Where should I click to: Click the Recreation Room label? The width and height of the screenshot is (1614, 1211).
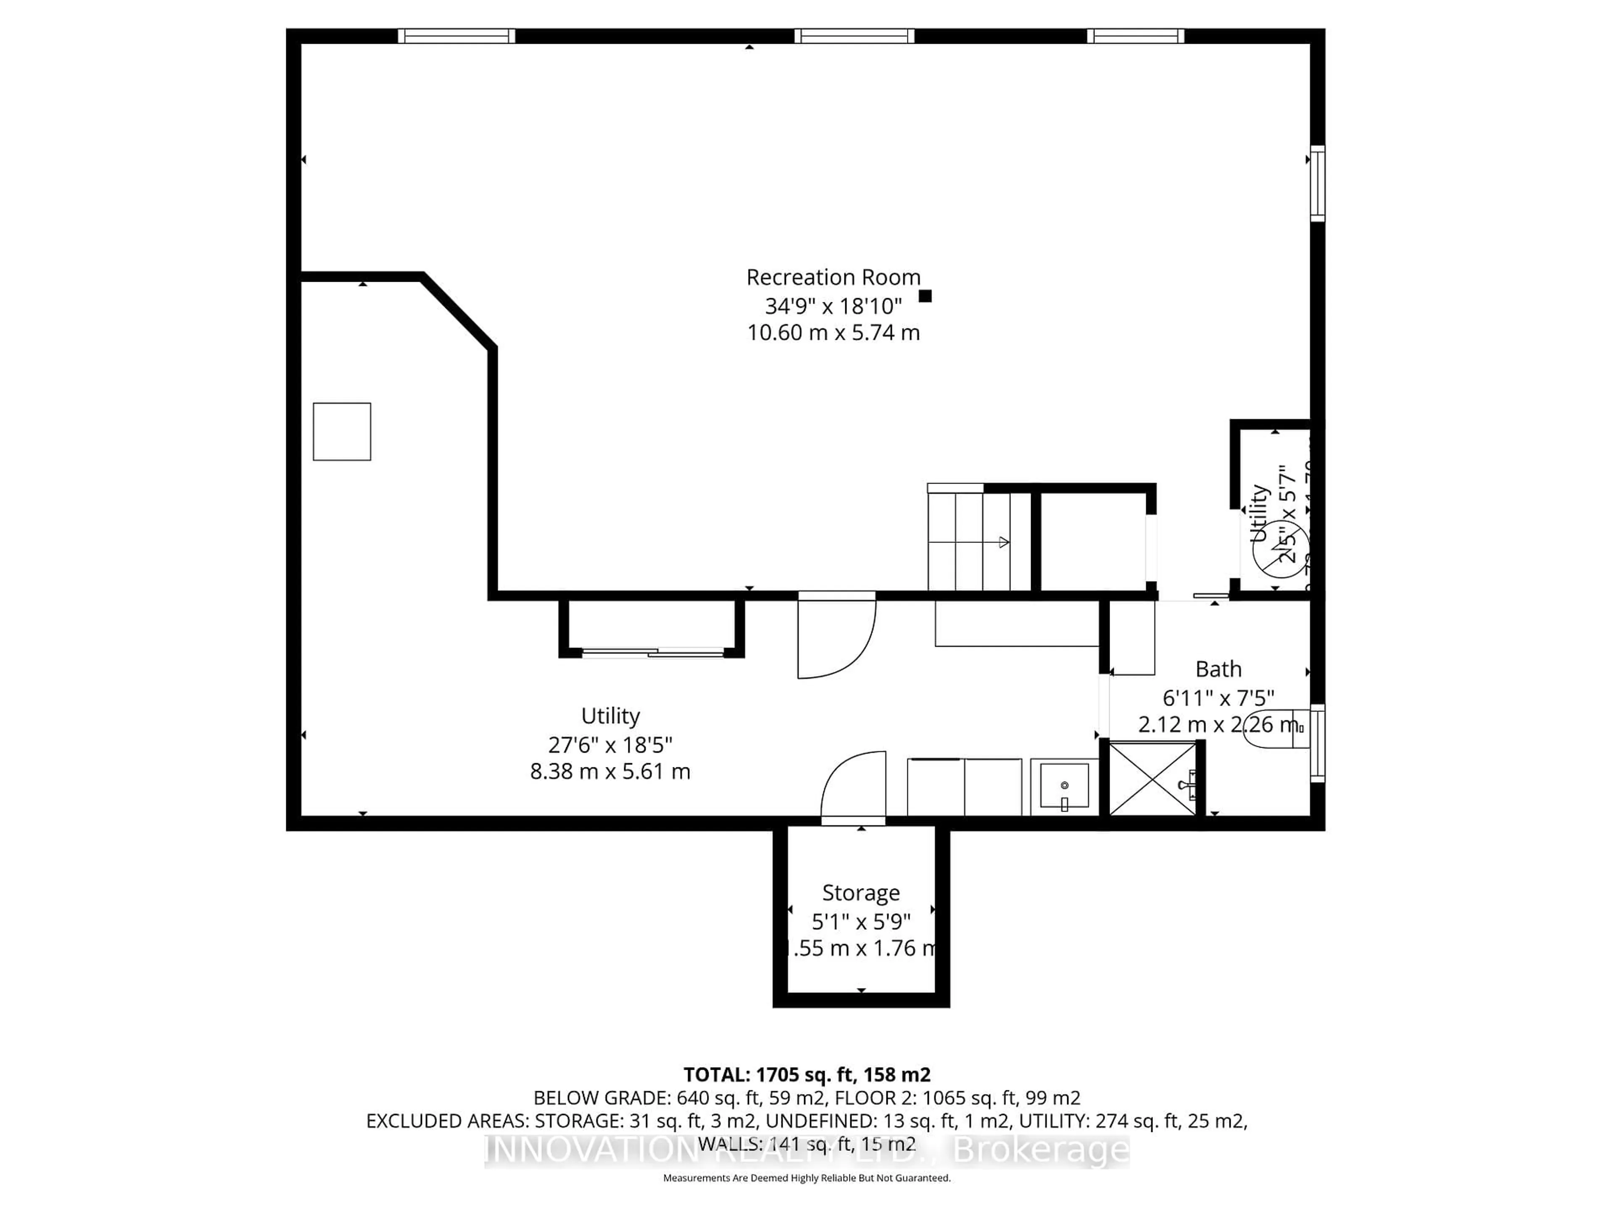833,278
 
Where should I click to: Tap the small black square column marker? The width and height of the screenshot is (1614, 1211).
925,296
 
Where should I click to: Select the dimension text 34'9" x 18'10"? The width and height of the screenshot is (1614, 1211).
833,305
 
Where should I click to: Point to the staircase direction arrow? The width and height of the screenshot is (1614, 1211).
1003,542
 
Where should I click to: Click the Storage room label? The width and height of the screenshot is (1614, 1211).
861,893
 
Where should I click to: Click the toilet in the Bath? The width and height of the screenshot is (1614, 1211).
1273,728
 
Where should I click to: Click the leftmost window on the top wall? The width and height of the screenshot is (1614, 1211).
457,36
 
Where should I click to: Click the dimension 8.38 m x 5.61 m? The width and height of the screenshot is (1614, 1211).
610,772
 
